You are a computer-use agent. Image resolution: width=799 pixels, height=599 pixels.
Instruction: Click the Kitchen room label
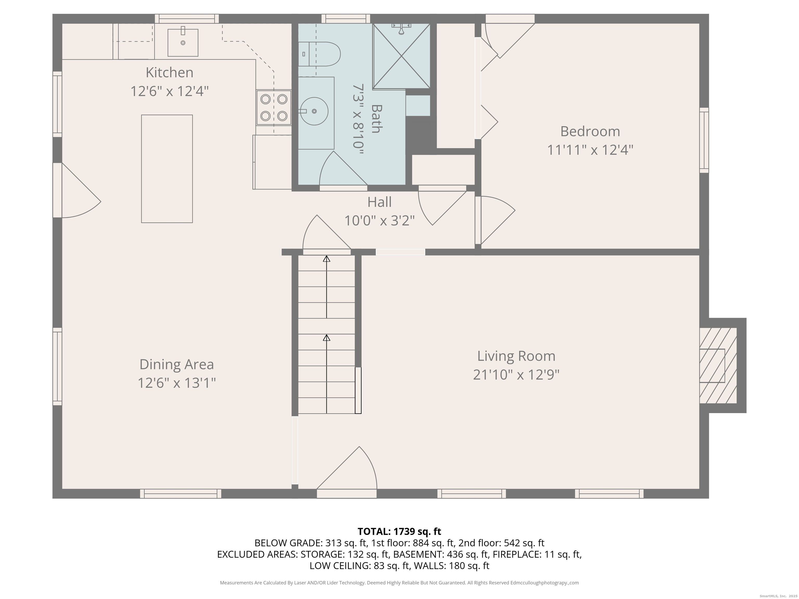[x=169, y=73]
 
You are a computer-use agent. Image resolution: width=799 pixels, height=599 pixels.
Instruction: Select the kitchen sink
[x=183, y=43]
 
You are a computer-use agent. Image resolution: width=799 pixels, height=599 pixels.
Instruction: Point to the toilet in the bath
[x=319, y=54]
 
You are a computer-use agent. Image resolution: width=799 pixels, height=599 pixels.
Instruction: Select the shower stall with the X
[x=401, y=56]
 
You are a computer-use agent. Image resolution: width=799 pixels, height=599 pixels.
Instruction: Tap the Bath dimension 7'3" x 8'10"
[x=357, y=119]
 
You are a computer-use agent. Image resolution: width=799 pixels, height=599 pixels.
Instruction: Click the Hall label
[x=379, y=202]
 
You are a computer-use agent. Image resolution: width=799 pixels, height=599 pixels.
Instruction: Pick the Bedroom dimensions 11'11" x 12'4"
[x=590, y=150]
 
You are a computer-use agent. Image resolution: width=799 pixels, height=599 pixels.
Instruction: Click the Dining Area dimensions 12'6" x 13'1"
[x=176, y=383]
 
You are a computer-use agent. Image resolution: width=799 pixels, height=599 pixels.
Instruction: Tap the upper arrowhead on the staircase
[x=326, y=258]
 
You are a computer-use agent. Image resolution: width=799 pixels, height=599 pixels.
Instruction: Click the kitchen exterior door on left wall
[x=78, y=191]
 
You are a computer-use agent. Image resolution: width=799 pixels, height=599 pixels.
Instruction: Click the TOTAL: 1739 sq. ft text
[x=399, y=531]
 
